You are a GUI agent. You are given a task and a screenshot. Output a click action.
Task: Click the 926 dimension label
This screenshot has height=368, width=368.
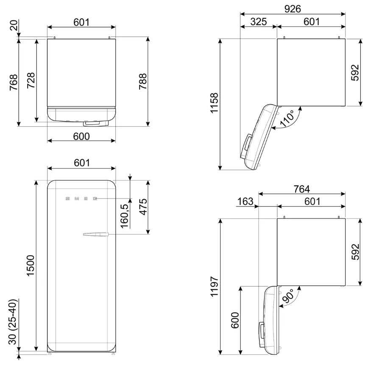point(293,9)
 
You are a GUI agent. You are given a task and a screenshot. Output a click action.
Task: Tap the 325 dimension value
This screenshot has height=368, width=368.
point(258,22)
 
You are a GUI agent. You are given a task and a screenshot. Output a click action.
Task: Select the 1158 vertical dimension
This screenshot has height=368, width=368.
point(214,103)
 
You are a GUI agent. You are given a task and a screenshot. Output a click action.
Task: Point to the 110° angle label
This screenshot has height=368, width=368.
point(287,119)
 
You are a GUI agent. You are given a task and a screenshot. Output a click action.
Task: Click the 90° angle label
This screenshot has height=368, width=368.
point(288,295)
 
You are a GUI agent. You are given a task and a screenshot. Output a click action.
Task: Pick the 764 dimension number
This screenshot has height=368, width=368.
point(301,189)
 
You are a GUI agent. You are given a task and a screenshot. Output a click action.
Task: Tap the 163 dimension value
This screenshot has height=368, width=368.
point(245,201)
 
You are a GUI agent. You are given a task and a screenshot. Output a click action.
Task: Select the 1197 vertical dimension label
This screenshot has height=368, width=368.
point(214,286)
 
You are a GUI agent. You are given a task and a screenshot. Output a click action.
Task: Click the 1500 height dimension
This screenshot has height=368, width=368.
point(30,266)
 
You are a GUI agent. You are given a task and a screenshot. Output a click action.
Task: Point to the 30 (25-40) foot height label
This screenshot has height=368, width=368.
point(13,322)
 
